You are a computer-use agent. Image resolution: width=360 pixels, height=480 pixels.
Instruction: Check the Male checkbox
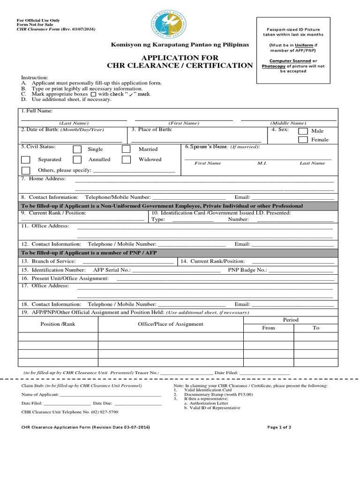(x=303, y=131)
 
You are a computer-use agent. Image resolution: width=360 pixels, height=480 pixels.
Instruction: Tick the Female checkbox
(x=303, y=140)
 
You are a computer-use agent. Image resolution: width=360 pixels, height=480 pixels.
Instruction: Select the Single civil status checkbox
(x=77, y=150)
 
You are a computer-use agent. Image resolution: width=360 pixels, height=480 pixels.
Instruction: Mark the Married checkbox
(x=126, y=150)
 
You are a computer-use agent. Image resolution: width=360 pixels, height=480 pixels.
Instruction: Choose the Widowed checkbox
(x=126, y=160)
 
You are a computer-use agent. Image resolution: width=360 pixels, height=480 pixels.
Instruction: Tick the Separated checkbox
(x=26, y=160)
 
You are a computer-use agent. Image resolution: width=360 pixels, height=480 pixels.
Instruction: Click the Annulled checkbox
(x=77, y=160)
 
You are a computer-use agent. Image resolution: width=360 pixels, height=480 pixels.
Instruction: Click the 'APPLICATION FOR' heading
(x=180, y=57)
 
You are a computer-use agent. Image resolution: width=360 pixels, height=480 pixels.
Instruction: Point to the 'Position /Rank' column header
(x=58, y=324)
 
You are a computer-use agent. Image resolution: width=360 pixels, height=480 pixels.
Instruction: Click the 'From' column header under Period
(x=269, y=328)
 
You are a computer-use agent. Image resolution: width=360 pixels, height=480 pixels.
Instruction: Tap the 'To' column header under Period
(x=316, y=328)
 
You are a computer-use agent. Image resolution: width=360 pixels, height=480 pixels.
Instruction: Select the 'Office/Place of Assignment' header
(x=171, y=324)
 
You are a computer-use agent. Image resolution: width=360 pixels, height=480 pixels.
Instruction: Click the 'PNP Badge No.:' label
(x=247, y=270)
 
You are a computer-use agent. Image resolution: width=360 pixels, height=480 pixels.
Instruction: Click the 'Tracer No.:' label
(x=147, y=373)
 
